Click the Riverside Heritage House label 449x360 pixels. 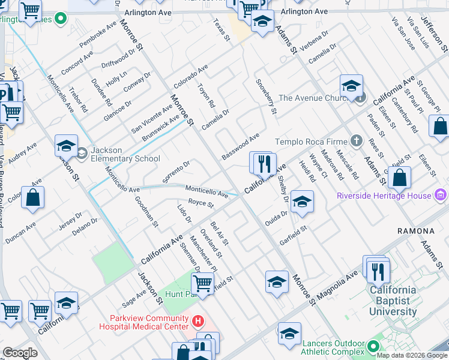click(384, 196)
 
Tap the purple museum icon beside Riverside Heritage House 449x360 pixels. click(441, 195)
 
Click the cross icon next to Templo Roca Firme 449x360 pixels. click(357, 142)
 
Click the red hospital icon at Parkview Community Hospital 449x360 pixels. click(199, 322)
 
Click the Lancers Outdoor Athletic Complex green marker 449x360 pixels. click(373, 346)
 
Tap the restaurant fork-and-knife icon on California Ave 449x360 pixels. click(265, 163)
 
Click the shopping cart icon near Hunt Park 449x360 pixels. click(203, 283)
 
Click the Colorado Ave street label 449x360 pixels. click(190, 77)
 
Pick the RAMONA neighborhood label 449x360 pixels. click(416, 231)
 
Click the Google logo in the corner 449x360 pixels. click(20, 353)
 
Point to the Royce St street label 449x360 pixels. click(200, 204)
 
